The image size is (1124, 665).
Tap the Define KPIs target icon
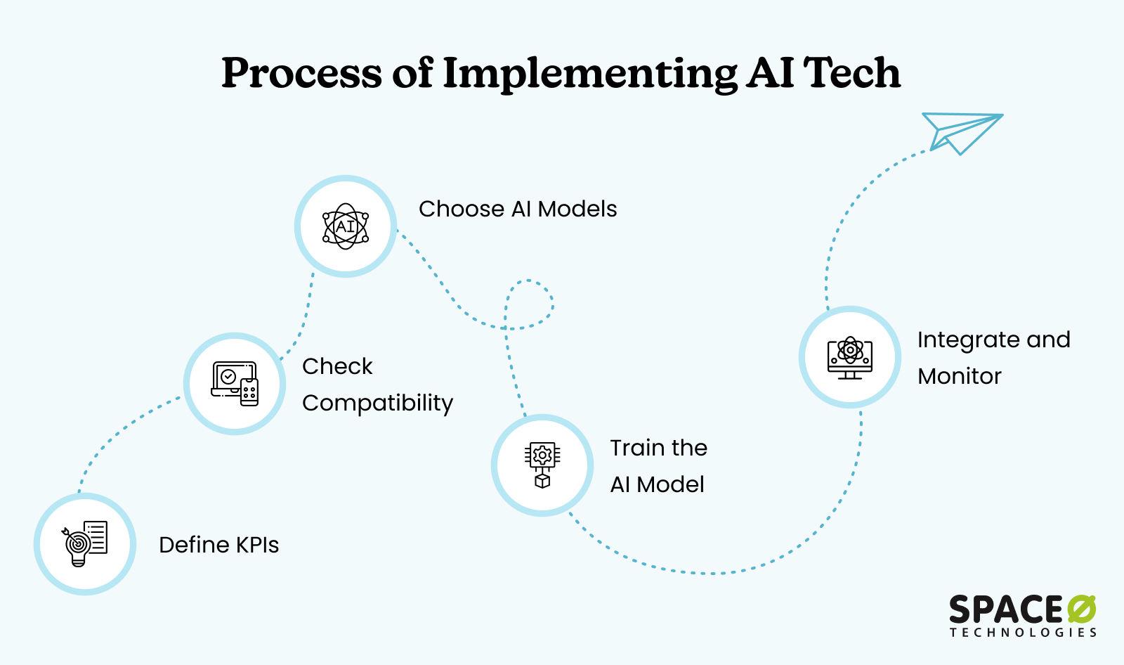[84, 543]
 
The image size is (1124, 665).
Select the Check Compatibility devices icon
[235, 383]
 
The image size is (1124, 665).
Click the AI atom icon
[345, 226]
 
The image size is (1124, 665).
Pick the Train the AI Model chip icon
[542, 465]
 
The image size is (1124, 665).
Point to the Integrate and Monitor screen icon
[850, 357]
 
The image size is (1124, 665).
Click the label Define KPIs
[218, 545]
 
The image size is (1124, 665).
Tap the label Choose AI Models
[518, 209]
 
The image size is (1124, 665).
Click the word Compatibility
[377, 403]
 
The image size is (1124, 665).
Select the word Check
[337, 366]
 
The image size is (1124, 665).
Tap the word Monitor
[959, 376]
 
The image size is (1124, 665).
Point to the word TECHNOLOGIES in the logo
[1023, 632]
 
